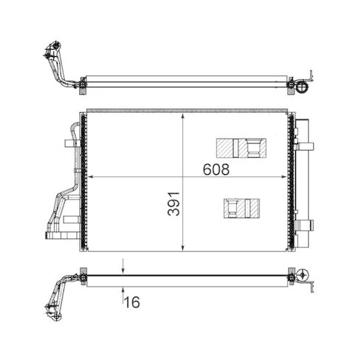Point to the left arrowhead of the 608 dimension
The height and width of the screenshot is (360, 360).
coord(91,178)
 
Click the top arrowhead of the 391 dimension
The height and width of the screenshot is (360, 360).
coord(184,114)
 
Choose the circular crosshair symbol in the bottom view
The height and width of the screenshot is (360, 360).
coord(303,274)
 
